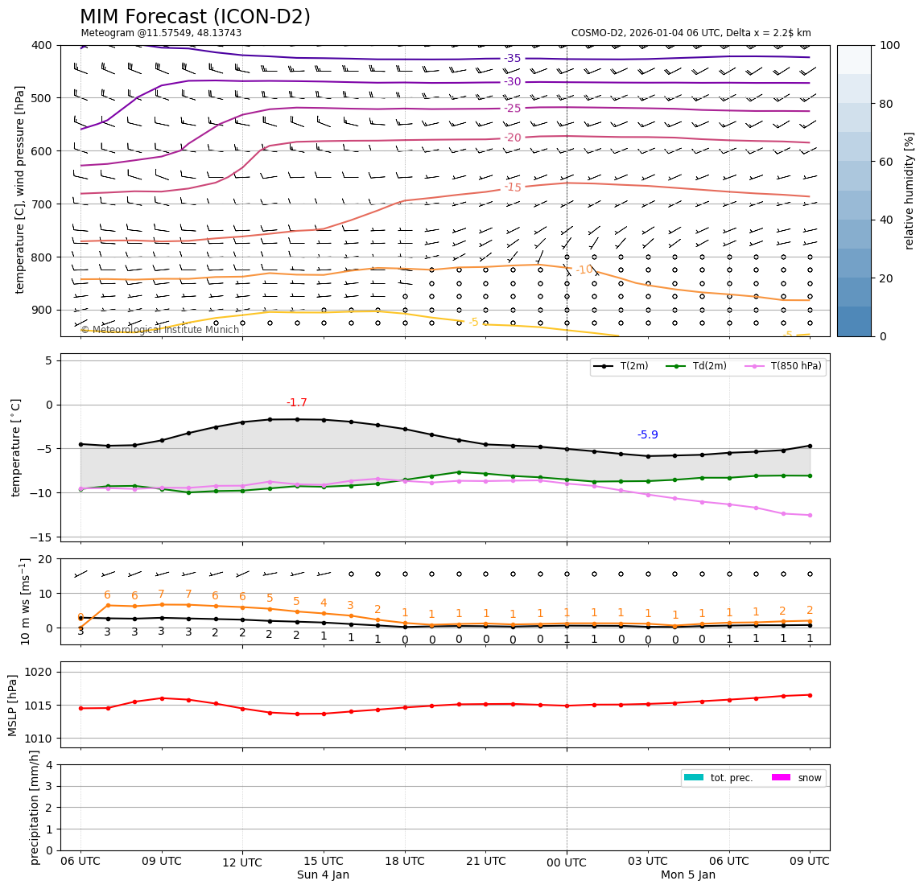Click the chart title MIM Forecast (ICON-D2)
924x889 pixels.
(x=195, y=17)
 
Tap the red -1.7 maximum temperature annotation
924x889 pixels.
(x=296, y=403)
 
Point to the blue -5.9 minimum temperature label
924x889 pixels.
(x=647, y=435)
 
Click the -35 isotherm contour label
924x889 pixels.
(x=512, y=59)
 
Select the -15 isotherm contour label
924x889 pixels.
(x=513, y=187)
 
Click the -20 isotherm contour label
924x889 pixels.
(x=512, y=138)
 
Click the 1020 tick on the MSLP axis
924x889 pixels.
(x=39, y=672)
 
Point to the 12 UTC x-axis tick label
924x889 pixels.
(x=242, y=862)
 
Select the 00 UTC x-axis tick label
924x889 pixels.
(x=567, y=862)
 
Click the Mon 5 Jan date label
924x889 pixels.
(x=687, y=875)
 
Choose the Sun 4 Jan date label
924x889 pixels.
(x=323, y=875)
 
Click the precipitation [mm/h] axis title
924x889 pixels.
(x=35, y=807)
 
